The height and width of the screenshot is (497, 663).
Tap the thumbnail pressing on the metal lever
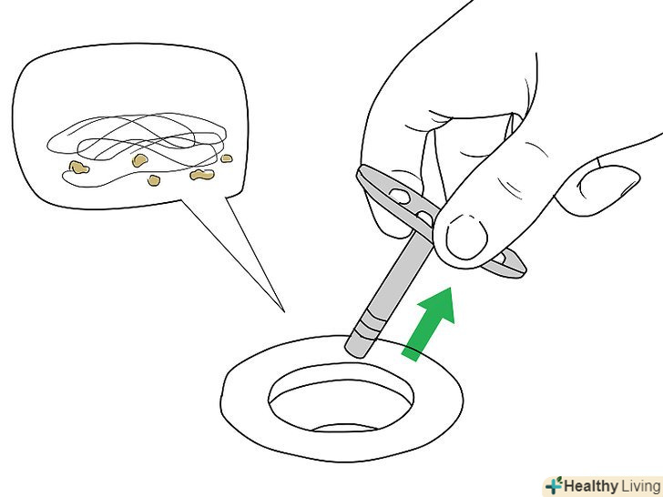tap(466, 237)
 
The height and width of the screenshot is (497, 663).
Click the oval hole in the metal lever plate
tap(400, 196)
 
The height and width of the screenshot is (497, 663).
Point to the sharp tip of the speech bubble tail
tap(284, 312)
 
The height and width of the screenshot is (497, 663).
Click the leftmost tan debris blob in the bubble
tap(78, 167)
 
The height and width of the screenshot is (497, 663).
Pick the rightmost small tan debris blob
tap(227, 158)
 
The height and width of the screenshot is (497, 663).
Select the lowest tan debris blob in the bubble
tap(154, 180)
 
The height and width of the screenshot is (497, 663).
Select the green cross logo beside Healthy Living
tap(554, 485)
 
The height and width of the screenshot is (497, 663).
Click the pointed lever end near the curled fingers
tap(368, 176)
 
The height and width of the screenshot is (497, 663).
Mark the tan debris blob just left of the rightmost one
tap(202, 174)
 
